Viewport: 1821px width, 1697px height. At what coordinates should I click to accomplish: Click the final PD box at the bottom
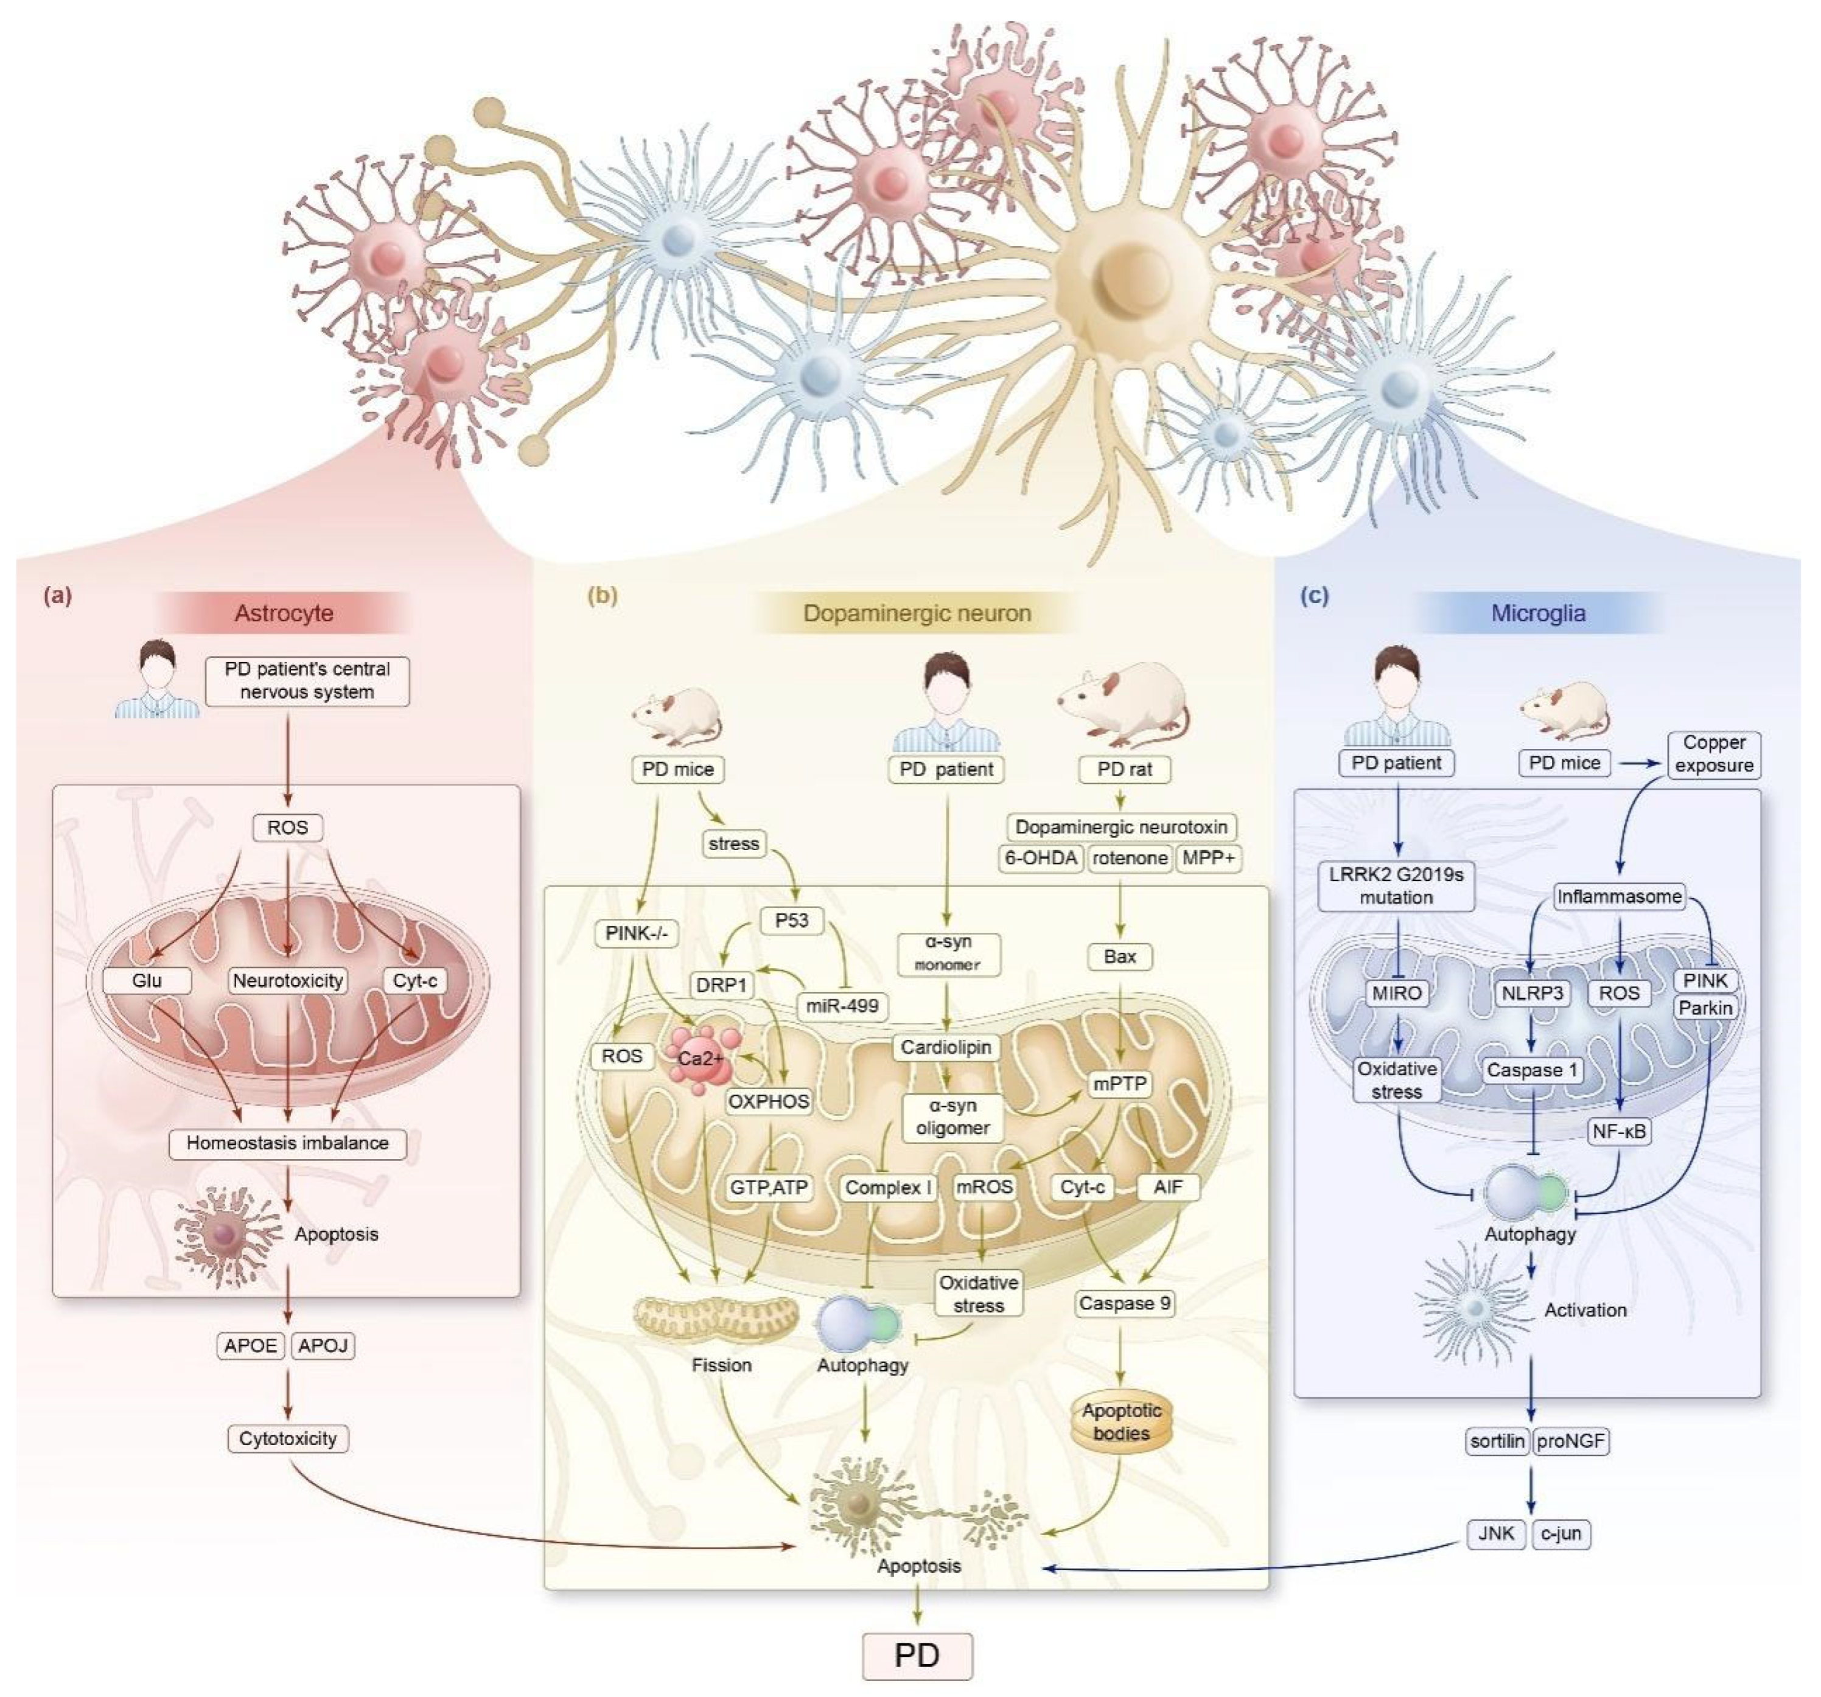point(917,1656)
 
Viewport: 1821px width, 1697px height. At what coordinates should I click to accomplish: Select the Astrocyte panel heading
point(284,613)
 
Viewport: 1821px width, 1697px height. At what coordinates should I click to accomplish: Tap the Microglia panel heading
point(1538,613)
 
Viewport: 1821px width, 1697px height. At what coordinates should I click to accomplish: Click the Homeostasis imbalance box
point(288,1143)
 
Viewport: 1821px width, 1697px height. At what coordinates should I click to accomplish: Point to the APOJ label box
point(323,1345)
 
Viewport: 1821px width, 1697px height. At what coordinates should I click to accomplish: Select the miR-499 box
point(842,1006)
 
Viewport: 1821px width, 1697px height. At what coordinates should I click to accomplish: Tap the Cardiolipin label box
point(945,1047)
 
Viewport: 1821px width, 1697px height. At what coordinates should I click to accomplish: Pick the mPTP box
point(1119,1084)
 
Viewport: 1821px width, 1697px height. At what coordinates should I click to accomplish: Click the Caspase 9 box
point(1124,1302)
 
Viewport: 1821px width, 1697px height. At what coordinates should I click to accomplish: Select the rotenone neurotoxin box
point(1130,858)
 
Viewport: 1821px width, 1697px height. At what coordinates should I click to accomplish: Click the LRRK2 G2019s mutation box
point(1396,885)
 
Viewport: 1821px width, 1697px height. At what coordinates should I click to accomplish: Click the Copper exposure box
point(1714,754)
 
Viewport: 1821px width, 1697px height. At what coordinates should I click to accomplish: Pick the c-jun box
point(1561,1533)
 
